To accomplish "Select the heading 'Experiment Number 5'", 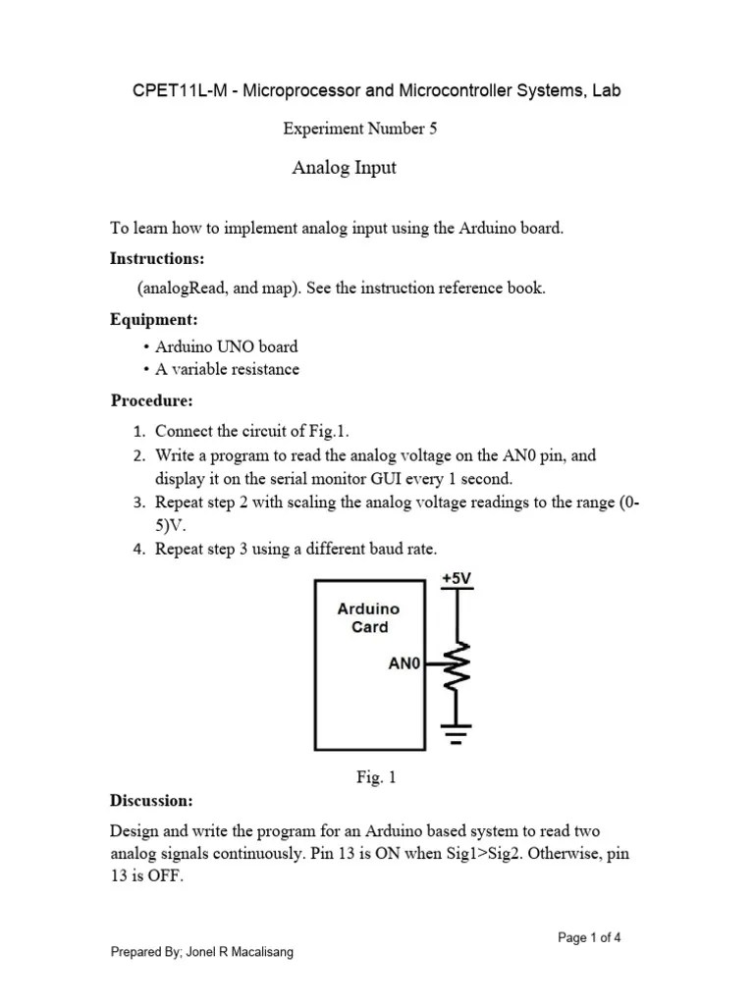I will click(x=359, y=129).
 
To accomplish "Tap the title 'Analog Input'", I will click(x=344, y=168).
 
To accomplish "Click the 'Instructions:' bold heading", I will click(x=157, y=259).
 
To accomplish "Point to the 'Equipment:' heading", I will click(x=154, y=320).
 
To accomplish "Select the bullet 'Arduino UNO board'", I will click(x=226, y=346).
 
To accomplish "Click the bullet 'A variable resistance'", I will click(x=227, y=370).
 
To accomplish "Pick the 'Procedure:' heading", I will click(x=151, y=401).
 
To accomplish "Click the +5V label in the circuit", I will click(x=457, y=579).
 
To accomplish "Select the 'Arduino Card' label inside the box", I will click(x=369, y=618).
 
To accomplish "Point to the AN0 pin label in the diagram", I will click(x=404, y=664).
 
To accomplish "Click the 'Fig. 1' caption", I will click(x=376, y=778).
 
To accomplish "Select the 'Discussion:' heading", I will click(x=151, y=801).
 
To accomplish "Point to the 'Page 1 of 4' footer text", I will click(x=589, y=938).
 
